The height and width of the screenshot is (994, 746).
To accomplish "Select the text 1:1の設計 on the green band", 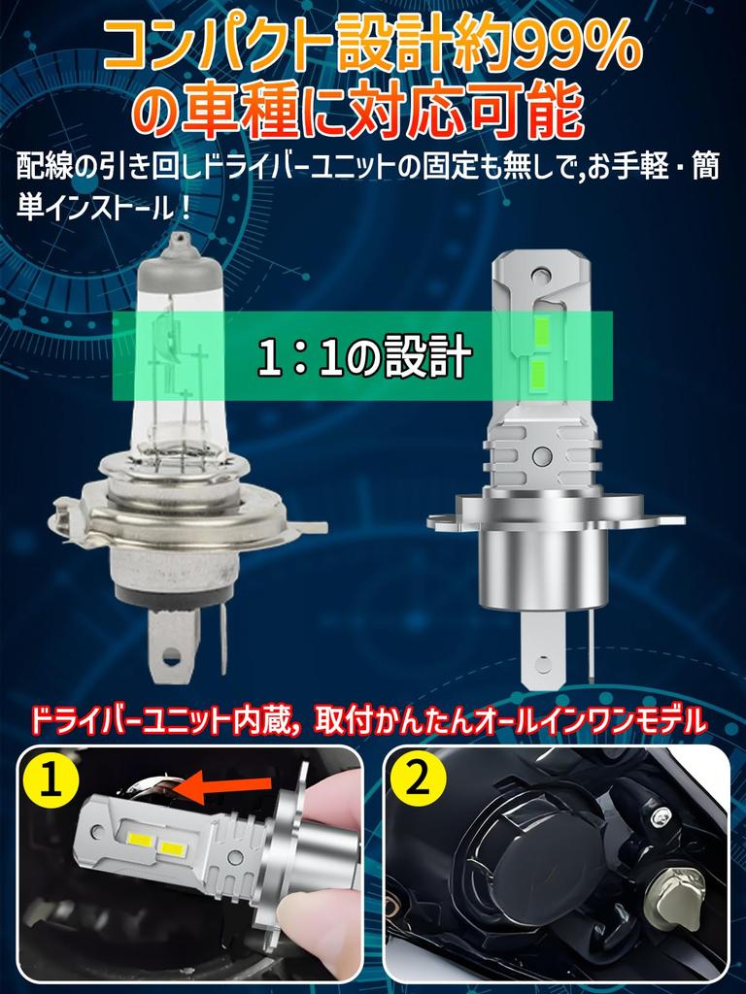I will pyautogui.click(x=364, y=357).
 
